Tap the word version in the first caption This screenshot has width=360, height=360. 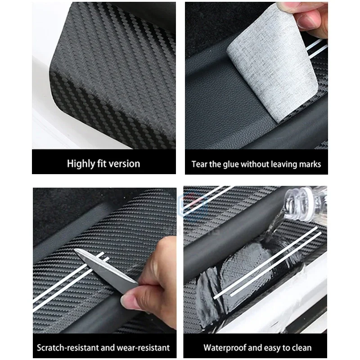124,163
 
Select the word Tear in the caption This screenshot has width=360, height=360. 199,164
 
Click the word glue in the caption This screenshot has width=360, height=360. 231,164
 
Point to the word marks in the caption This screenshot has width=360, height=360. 311,164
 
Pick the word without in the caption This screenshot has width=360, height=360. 254,164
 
